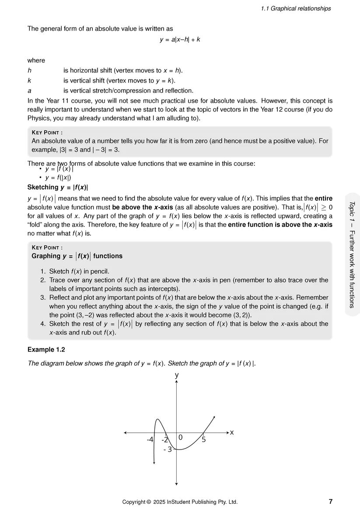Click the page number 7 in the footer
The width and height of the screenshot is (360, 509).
coord(330,502)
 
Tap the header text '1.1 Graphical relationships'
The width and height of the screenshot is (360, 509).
coord(296,8)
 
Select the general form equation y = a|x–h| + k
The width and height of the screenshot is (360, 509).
coord(180,39)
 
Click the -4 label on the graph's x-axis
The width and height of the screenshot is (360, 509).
coord(150,439)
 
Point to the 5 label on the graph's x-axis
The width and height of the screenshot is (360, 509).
coord(204,439)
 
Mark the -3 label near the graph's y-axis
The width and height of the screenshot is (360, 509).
coord(168,449)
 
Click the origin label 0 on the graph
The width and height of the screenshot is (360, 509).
coord(180,437)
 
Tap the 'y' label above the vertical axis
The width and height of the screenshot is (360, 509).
coord(177,375)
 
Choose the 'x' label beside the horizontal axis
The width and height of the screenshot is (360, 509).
coord(232,432)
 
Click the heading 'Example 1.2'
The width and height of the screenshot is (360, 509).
coord(46,349)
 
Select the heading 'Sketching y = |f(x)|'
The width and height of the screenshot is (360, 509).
coord(58,188)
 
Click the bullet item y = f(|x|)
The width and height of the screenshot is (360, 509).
coord(58,178)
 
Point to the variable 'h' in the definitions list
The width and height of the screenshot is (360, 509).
coord(29,70)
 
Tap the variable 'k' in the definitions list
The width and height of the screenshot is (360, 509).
coord(29,80)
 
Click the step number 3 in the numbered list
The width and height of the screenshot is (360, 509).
coord(43,297)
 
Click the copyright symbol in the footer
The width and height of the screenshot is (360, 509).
coord(149,502)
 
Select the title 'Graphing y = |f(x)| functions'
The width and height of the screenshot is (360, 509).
coord(77,256)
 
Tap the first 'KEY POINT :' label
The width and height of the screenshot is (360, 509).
coord(47,132)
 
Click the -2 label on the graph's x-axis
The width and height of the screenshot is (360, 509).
coord(164,439)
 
